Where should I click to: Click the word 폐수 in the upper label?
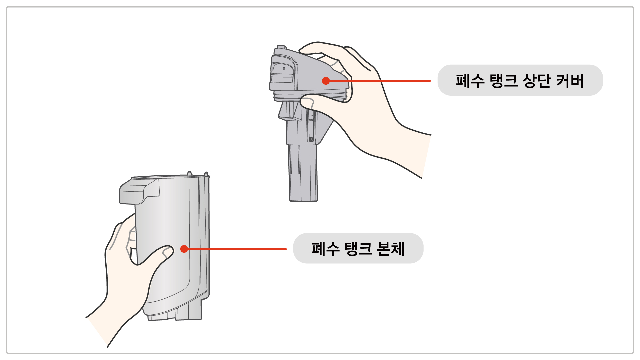pyautogui.click(x=470, y=81)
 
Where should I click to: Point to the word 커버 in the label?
pyautogui.click(x=570, y=81)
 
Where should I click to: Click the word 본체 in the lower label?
pyautogui.click(x=391, y=249)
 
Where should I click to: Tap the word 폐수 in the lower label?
pyautogui.click(x=325, y=249)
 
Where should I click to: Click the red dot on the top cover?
pyautogui.click(x=326, y=81)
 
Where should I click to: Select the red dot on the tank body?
pyautogui.click(x=184, y=249)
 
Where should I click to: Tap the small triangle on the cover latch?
pyautogui.click(x=284, y=69)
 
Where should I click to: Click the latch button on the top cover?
pyautogui.click(x=282, y=73)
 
